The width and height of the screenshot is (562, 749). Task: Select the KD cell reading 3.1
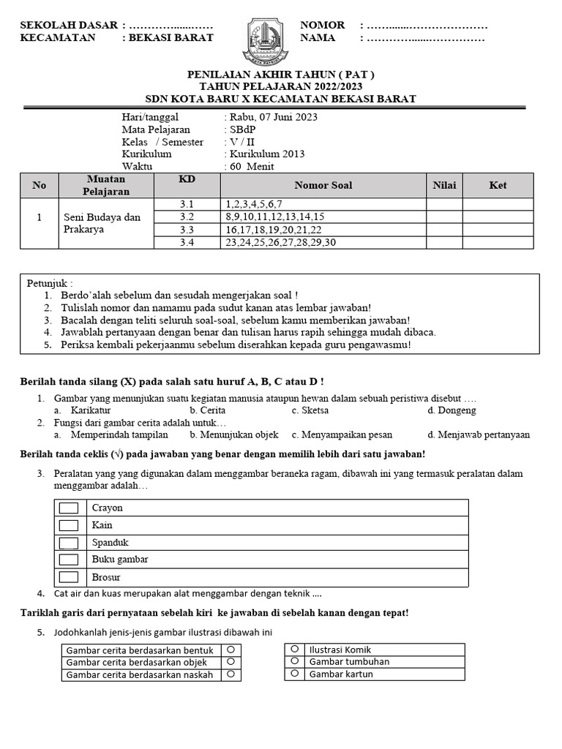(x=189, y=204)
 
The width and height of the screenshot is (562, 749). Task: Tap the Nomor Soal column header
(x=323, y=186)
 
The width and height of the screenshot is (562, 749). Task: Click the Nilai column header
(x=444, y=186)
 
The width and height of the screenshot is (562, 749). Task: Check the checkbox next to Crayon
(x=70, y=508)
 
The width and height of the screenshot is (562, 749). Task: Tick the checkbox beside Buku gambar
(x=70, y=560)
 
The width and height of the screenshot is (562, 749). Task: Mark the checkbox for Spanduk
(x=70, y=543)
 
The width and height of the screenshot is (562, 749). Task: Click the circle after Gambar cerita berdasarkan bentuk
(x=230, y=649)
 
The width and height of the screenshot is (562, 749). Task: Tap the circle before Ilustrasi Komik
(x=294, y=649)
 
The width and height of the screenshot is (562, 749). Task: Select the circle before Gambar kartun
(x=294, y=674)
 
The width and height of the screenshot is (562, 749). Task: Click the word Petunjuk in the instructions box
(x=50, y=283)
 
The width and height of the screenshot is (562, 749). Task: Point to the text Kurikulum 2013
(x=267, y=154)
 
